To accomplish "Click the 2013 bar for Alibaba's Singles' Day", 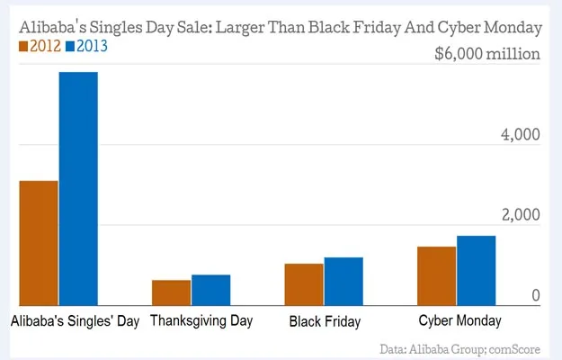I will (78, 188).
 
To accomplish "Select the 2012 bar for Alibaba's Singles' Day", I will (39, 243).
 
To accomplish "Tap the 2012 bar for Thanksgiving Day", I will (171, 292).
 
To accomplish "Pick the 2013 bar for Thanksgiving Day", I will (210, 290).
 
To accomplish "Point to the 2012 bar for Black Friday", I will (303, 284).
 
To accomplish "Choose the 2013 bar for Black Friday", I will (343, 282).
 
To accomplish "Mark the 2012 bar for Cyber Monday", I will (436, 275).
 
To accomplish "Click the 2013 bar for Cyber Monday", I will (476, 270).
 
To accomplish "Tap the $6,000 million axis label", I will (486, 54).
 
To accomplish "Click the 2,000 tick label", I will (520, 215).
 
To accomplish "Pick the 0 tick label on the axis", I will (534, 295).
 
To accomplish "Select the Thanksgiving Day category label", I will (201, 320).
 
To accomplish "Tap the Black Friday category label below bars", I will (325, 321).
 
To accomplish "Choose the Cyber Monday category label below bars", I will (460, 320).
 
